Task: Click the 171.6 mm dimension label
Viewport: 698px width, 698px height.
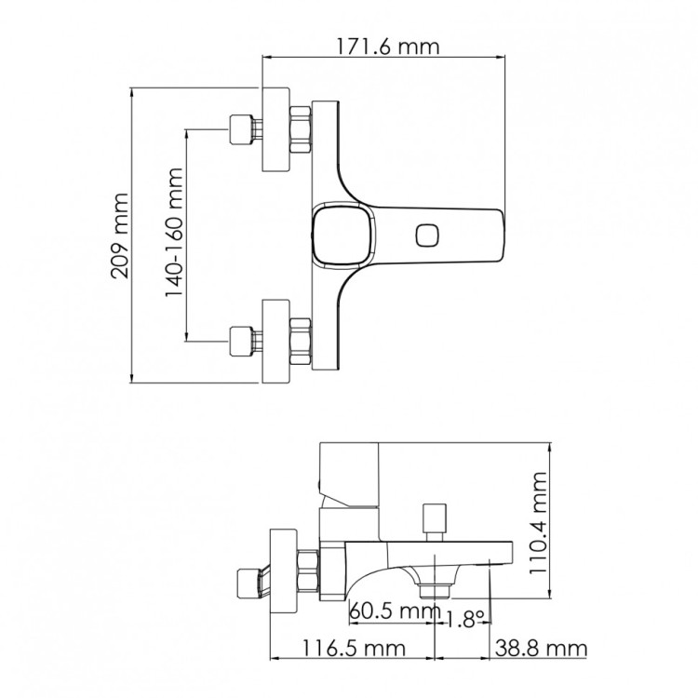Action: tap(382, 45)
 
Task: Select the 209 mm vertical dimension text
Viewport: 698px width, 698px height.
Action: tap(119, 235)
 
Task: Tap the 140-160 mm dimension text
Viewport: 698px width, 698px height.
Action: tap(174, 233)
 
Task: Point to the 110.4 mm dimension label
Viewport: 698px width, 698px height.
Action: tap(540, 524)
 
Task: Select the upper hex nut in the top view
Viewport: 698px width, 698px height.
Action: tap(302, 130)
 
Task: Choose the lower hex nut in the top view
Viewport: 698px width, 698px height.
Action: tap(302, 341)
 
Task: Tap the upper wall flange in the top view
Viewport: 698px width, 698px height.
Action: tap(276, 130)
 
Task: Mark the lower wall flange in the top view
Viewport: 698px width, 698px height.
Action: tap(276, 341)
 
